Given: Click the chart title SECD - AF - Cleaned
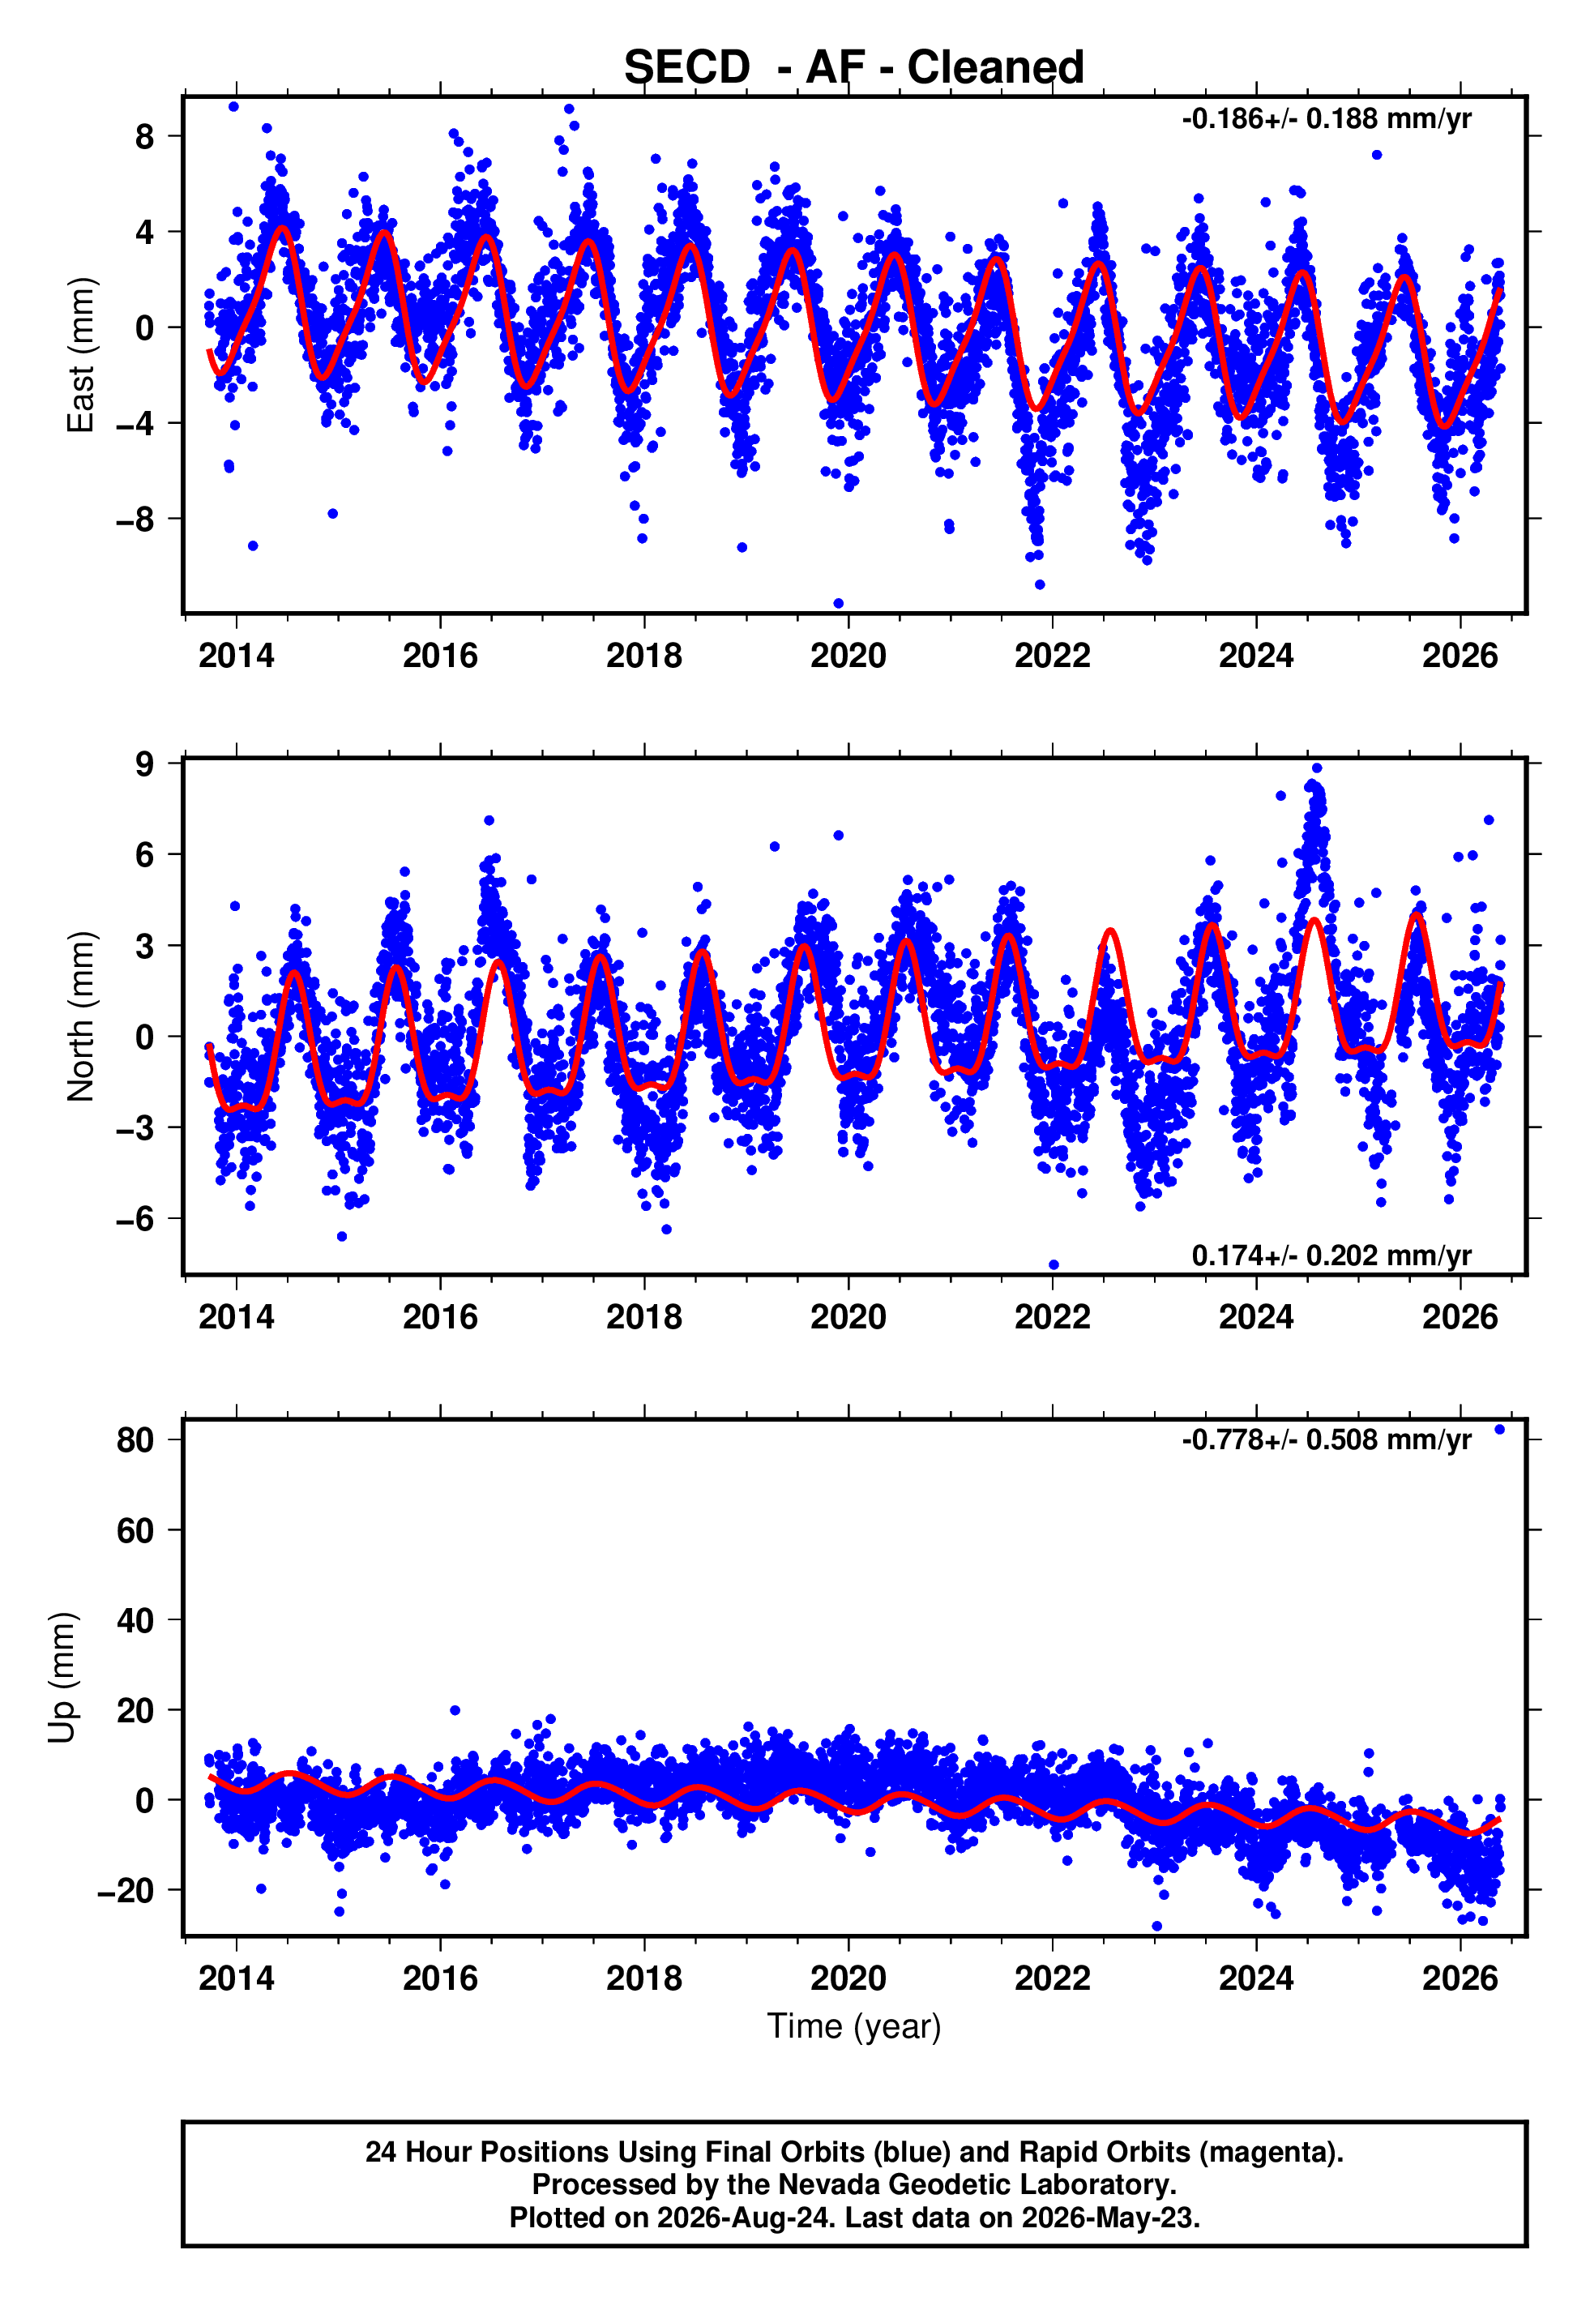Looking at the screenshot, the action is coord(854,68).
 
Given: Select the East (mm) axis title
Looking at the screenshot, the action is coord(79,355).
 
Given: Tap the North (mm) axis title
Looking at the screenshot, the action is coord(79,1016).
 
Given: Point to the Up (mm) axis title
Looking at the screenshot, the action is coord(62,1678).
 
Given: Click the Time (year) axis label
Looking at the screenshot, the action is coord(854,2027).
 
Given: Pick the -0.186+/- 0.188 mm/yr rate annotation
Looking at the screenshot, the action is coord(1326,118).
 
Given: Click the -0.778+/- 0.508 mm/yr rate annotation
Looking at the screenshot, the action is coord(1326,1439).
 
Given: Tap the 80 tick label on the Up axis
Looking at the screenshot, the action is coord(135,1439).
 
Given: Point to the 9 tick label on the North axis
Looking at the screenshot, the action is coord(145,764).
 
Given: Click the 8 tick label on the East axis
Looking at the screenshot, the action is coord(145,136).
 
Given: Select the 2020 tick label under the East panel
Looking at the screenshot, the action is coord(848,656).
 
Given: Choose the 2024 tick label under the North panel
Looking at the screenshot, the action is coord(1256,1317).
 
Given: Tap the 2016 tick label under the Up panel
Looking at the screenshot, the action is coord(440,1978).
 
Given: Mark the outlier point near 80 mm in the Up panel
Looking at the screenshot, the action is coord(1499,1430).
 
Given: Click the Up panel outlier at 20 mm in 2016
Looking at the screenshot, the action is coord(455,1710).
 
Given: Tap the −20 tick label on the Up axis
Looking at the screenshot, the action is coord(126,1891).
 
